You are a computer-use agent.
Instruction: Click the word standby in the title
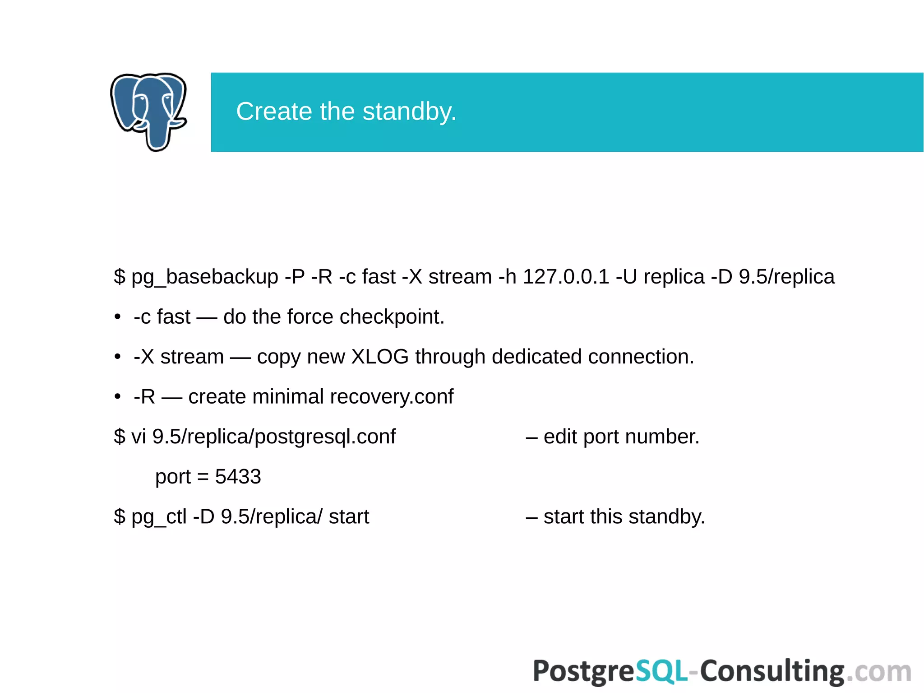[x=409, y=112]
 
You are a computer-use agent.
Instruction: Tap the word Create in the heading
[x=274, y=112]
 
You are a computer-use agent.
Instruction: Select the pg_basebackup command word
[x=204, y=277]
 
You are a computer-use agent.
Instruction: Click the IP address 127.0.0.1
[x=566, y=277]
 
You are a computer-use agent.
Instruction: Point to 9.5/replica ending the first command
[x=786, y=277]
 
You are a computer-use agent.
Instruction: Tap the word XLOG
[x=380, y=357]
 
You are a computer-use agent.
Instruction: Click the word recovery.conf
[x=391, y=397]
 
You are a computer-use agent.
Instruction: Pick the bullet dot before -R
[x=118, y=397]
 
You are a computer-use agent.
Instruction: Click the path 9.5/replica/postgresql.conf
[x=274, y=437]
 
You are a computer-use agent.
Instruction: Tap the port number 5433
[x=238, y=477]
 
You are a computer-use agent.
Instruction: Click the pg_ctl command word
[x=159, y=516]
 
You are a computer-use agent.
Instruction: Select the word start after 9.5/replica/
[x=349, y=516]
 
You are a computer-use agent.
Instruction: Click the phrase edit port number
[x=621, y=437]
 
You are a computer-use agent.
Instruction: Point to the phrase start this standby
[x=624, y=516]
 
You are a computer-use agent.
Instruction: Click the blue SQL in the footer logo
[x=661, y=671]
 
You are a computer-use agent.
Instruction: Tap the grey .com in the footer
[x=878, y=671]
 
